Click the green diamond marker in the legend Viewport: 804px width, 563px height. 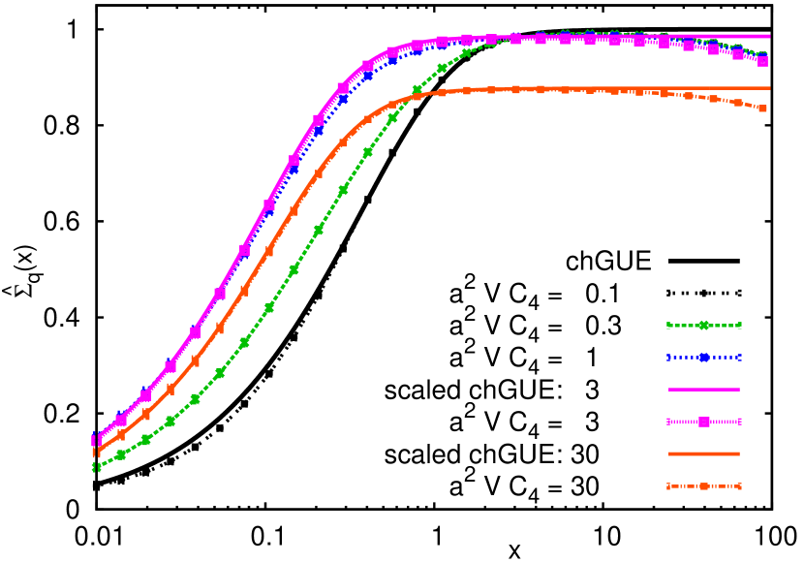pos(704,326)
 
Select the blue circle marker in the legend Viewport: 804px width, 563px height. pos(704,358)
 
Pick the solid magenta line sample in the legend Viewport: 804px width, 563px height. pos(704,390)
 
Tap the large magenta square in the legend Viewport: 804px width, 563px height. pos(704,422)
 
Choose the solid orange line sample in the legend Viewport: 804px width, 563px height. pos(704,454)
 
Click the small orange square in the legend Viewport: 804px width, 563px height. pos(704,485)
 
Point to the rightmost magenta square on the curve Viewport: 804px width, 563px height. pos(762,61)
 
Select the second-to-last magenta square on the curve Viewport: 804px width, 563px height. pos(738,54)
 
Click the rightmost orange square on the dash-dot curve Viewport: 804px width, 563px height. pos(762,109)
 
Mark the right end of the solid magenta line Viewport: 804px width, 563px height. pos(770,36)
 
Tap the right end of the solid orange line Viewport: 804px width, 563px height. pos(770,88)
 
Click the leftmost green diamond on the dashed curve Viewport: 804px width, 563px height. pos(96,467)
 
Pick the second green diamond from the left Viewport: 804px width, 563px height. pos(121,454)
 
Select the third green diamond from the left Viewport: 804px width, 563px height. pos(145,440)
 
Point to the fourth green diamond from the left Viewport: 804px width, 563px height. pos(170,422)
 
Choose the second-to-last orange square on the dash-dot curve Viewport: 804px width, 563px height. pos(738,102)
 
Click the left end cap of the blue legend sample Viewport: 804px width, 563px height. pos(668,358)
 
